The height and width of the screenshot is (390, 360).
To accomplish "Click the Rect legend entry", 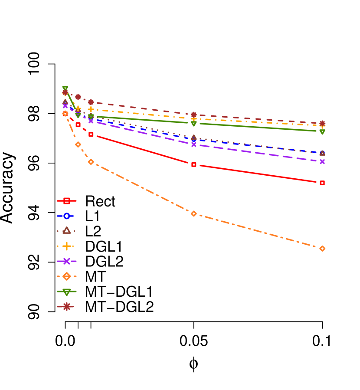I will [x=100, y=201].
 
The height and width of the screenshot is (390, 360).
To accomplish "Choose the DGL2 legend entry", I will [x=104, y=261].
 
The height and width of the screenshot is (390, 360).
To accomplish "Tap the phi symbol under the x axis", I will [x=193, y=363].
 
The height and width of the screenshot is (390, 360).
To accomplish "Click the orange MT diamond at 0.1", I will [x=322, y=249].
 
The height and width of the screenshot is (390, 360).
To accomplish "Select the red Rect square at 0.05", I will [x=194, y=164].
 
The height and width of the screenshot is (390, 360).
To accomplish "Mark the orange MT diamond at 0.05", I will [x=194, y=213].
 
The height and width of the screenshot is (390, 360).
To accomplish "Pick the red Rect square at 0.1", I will [x=322, y=183].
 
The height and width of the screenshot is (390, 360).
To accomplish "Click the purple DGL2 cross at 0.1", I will [x=322, y=161].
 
